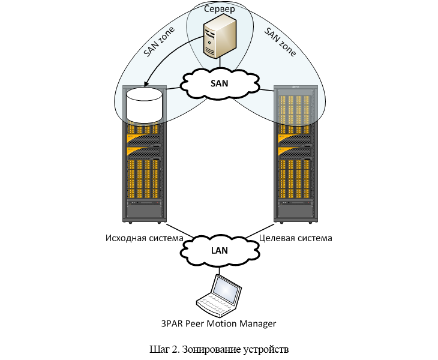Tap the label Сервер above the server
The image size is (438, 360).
(219, 10)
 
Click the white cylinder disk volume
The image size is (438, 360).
(144, 105)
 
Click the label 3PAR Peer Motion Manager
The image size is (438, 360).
(218, 324)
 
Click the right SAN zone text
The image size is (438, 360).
(280, 43)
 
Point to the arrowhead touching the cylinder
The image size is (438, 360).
(145, 85)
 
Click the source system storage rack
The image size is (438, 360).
(144, 168)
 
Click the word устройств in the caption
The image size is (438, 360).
(268, 349)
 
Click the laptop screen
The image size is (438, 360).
(227, 290)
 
